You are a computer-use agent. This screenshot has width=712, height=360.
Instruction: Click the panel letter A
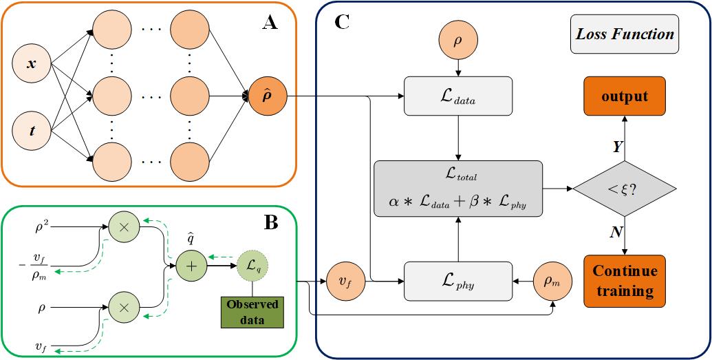pos(270,24)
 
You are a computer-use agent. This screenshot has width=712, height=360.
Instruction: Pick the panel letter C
pos(343,22)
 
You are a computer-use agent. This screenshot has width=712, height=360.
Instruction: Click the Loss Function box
pos(625,34)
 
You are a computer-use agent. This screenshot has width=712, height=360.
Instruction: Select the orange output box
pos(625,96)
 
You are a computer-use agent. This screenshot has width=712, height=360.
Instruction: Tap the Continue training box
pos(625,280)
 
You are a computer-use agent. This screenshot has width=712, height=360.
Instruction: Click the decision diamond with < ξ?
pos(625,188)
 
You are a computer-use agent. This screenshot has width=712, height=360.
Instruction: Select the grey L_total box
pos(457,188)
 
